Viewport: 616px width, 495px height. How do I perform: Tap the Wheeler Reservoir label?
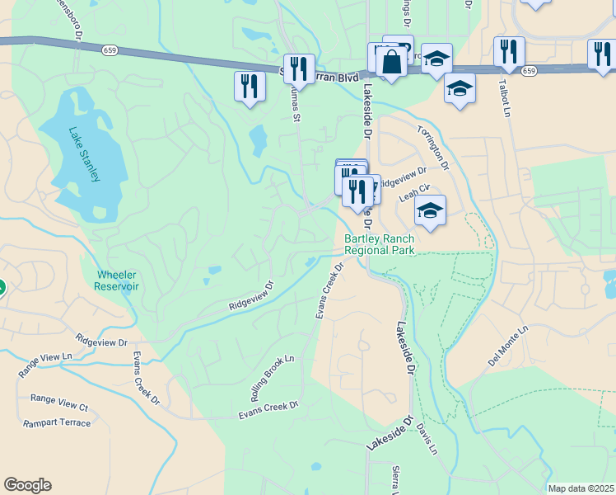pos(118,280)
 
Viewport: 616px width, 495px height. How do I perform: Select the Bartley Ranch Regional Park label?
pos(379,244)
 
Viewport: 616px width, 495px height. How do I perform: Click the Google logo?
pos(27,485)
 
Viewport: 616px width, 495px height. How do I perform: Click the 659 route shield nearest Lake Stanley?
pos(110,50)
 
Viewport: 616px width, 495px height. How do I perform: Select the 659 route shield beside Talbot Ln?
pos(529,71)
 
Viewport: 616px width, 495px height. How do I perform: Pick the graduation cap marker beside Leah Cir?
pos(430,211)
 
